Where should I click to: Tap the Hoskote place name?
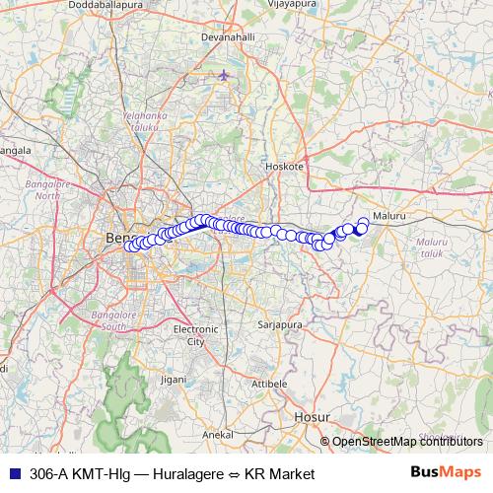pos(284,168)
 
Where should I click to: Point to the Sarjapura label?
pos(278,323)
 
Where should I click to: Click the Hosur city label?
pos(310,418)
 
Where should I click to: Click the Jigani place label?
pos(173,379)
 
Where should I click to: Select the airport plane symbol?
pos(226,75)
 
